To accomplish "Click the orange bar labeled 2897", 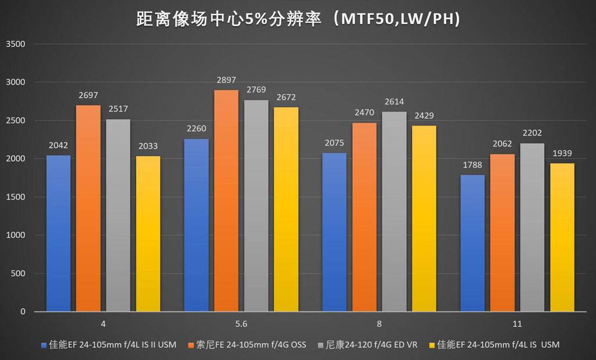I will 226,201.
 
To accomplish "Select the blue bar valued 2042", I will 58,233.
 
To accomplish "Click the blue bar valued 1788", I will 472,243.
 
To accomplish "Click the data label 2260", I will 196,129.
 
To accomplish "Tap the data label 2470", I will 364,113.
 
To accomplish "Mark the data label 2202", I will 532,133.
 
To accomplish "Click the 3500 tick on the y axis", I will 16,44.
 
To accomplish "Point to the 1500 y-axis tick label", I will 16,197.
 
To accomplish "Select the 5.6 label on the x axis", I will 241,324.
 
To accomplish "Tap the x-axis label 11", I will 517,324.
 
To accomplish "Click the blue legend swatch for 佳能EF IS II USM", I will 44,345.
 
